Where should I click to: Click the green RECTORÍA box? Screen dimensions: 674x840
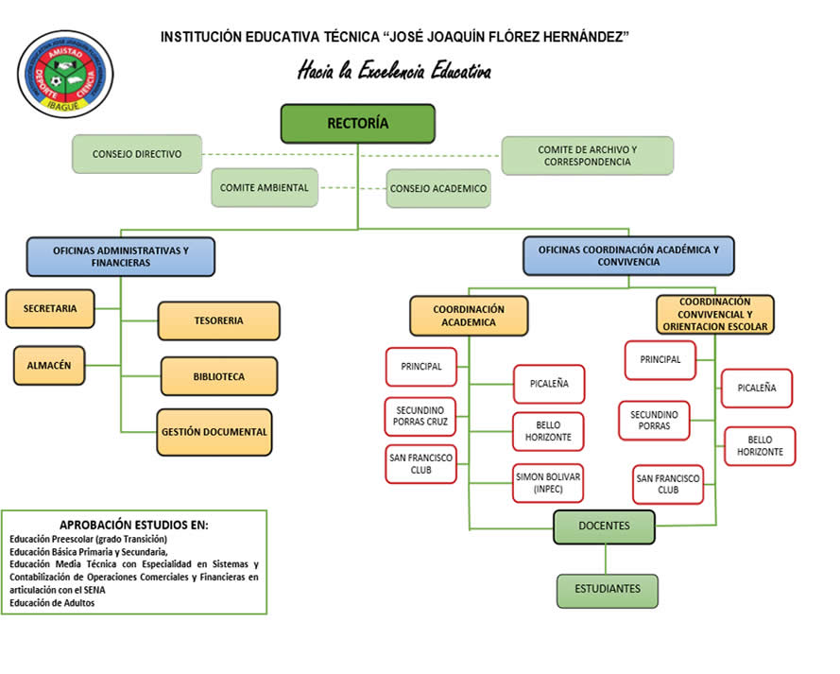357,123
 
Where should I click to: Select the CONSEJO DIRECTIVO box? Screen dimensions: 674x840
137,154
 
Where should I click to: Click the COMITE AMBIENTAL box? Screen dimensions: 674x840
265,187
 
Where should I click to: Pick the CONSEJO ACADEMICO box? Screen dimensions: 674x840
438,188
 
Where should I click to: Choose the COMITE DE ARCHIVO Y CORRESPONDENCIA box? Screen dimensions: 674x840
587,156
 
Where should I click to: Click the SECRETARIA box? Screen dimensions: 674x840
50,308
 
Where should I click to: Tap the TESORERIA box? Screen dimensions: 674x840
218,320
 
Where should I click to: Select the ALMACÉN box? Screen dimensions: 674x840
49,365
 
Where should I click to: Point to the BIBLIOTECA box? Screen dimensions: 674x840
218,376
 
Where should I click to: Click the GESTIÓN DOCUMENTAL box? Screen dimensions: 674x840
214,432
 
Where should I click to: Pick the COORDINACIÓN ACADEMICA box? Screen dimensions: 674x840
469,316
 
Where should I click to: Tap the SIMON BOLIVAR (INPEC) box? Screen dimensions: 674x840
548,483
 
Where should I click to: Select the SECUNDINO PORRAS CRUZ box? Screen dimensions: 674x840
421,415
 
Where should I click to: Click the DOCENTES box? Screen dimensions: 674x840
604,526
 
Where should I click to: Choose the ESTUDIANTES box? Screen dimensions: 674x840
607,589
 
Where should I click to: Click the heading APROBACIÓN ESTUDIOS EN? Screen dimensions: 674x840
133,525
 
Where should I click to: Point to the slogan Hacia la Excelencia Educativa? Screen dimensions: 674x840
394,72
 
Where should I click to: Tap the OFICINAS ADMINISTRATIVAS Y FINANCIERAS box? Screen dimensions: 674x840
120,256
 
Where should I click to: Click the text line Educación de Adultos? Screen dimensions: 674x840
52,602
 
